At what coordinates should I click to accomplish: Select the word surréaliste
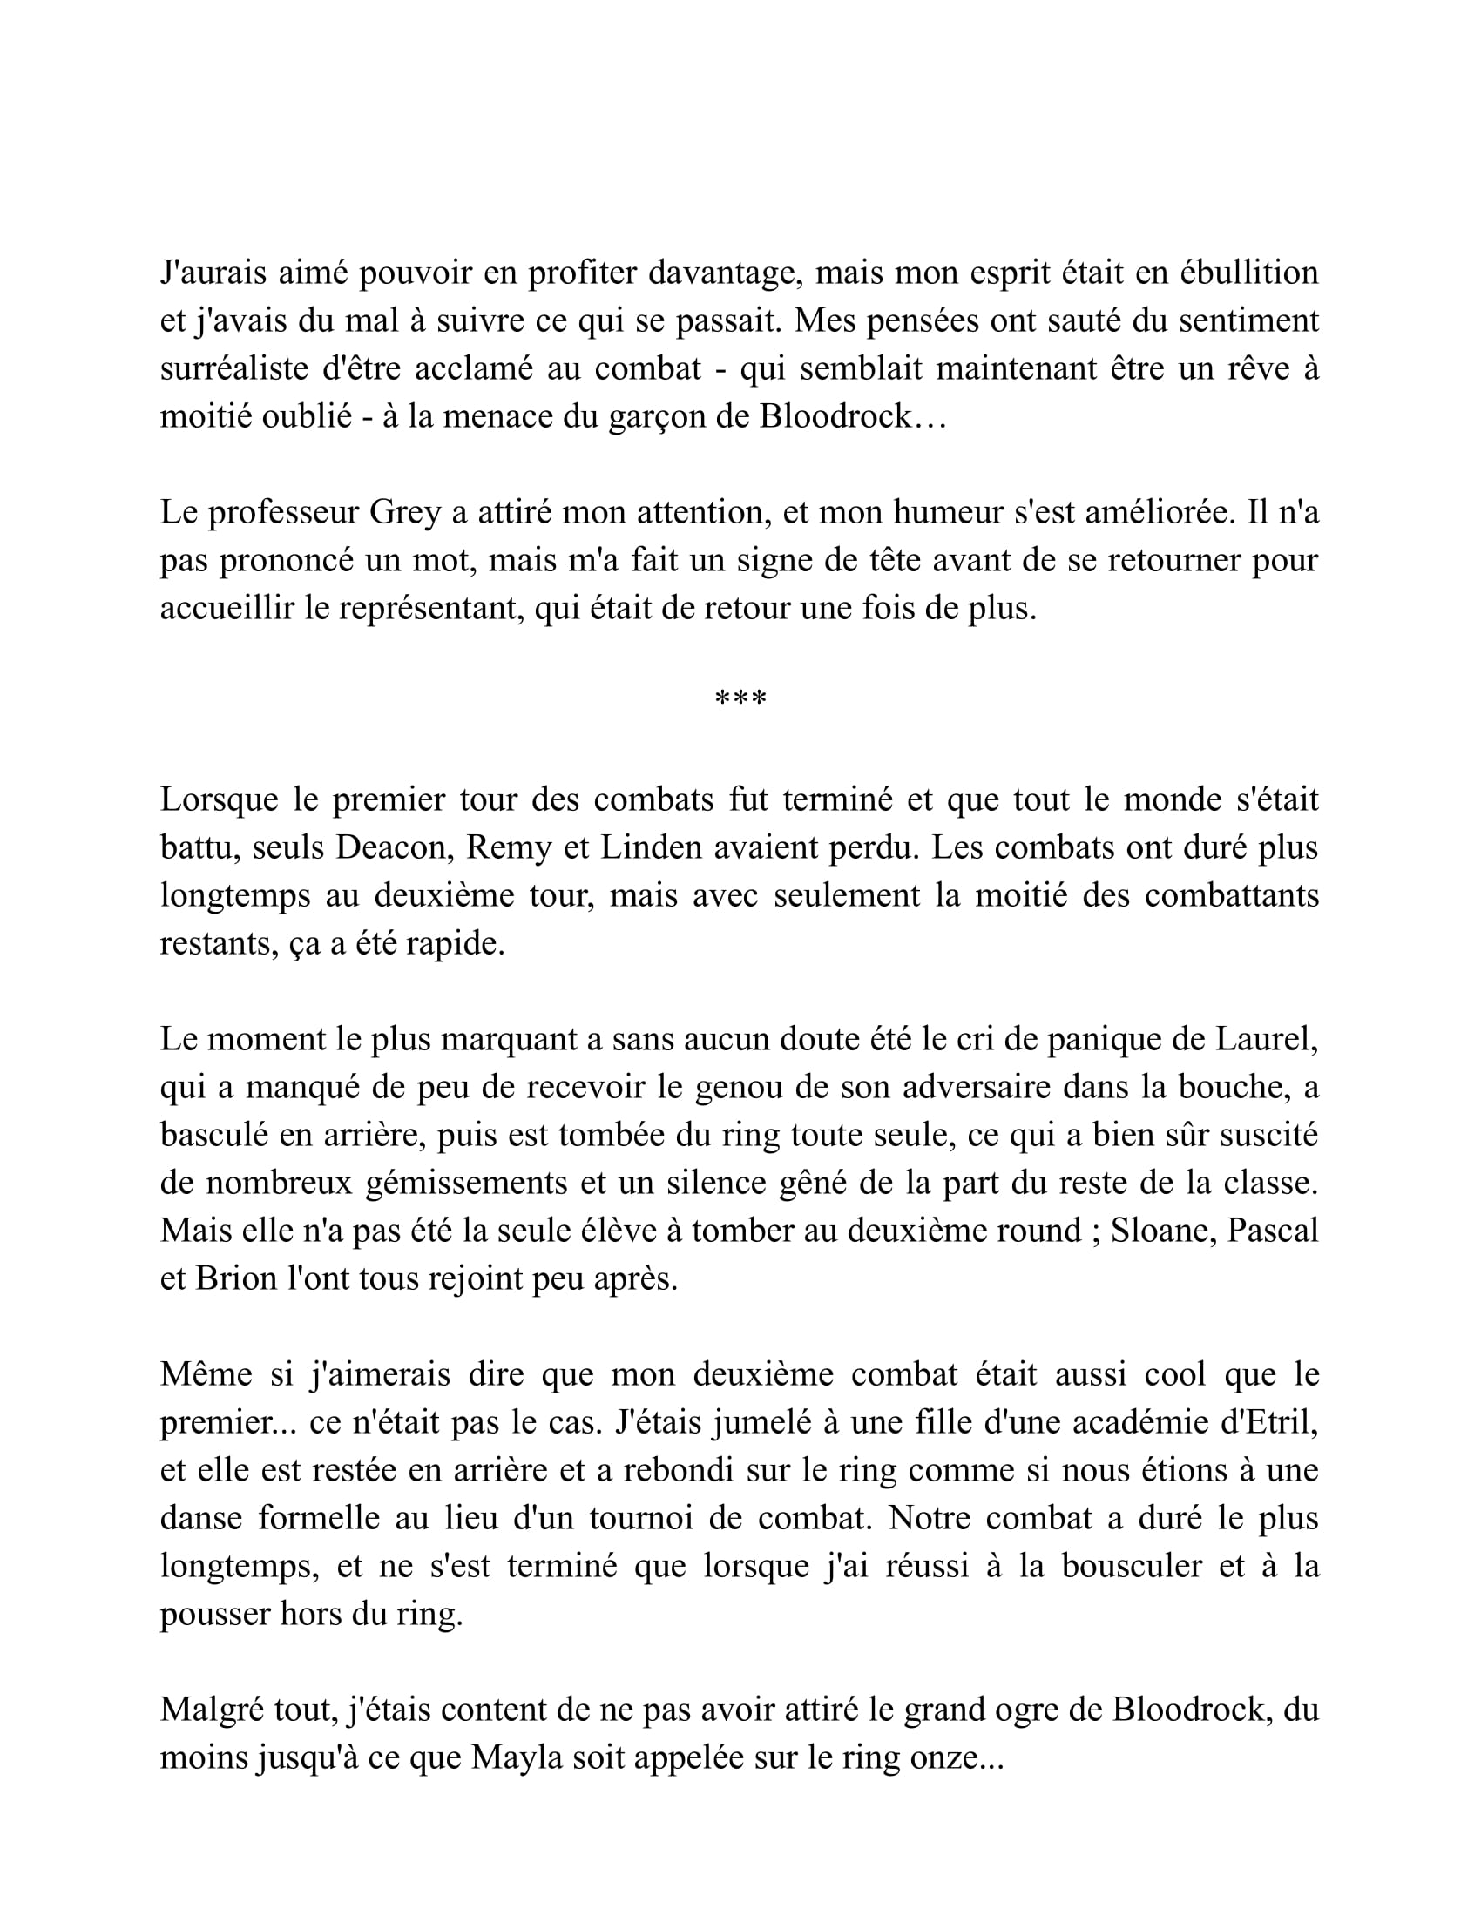click(233, 368)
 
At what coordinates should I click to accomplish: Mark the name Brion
click(236, 1279)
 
